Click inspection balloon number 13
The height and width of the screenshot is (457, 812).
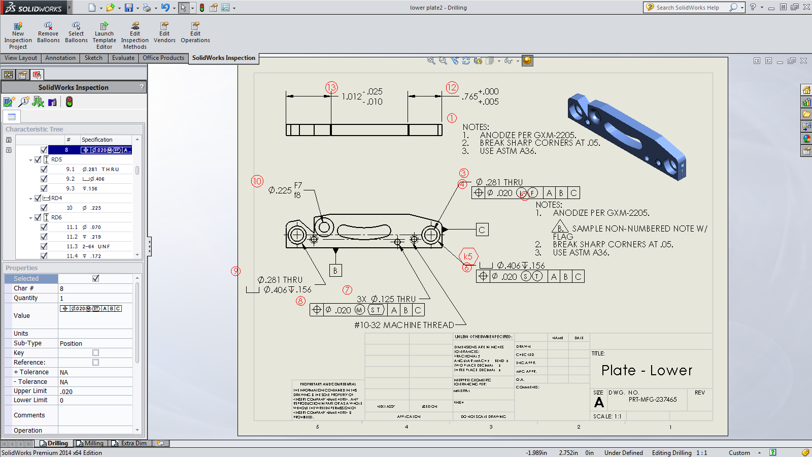(331, 87)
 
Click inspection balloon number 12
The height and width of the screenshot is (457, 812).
(452, 87)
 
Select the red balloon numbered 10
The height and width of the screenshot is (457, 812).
(257, 181)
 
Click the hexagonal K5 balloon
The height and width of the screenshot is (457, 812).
(468, 256)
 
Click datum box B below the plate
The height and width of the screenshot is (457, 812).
(335, 271)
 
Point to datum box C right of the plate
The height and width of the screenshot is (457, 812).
(482, 230)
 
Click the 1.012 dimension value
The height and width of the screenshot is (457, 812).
(351, 96)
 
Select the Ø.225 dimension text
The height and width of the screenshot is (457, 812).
(280, 190)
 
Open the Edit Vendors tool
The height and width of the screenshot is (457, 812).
(164, 32)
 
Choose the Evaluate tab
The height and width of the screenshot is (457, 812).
(123, 58)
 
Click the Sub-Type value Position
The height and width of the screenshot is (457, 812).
(71, 344)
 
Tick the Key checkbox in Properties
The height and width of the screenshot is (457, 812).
(95, 353)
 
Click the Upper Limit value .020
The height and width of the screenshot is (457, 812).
(66, 391)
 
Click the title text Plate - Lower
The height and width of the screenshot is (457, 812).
(647, 370)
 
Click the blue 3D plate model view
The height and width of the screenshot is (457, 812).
(626, 135)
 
